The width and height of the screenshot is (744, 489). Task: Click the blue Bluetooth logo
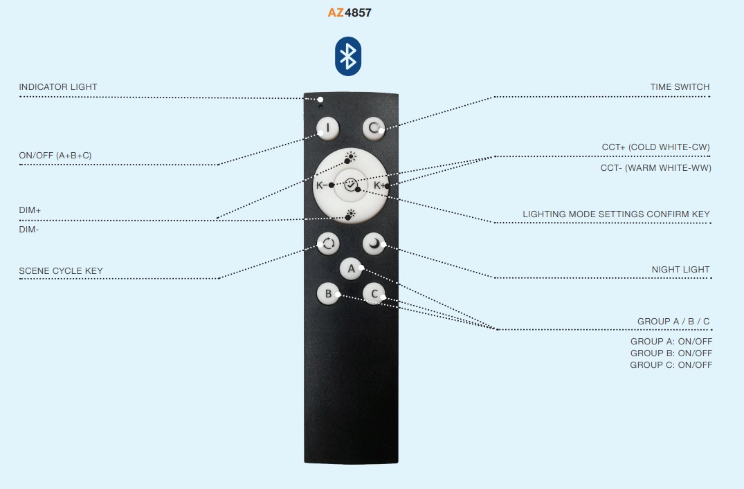348,57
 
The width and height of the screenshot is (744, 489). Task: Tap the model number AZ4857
350,13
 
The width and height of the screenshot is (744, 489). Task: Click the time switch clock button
374,128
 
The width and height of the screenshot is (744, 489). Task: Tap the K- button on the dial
320,185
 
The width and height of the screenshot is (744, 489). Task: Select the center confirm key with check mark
351,185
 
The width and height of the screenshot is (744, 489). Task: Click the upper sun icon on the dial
351,156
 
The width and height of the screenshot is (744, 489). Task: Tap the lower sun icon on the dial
351,214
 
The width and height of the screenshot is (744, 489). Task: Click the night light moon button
374,243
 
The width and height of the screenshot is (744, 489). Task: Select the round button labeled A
351,269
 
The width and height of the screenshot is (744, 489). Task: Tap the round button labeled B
328,294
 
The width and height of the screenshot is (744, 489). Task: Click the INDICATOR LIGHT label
58,86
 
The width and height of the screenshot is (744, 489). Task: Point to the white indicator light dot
320,100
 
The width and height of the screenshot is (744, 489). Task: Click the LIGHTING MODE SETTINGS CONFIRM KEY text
616,214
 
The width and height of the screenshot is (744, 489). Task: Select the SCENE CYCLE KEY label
61,271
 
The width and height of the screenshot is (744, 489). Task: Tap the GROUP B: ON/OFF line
671,353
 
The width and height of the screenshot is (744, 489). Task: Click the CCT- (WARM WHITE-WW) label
655,168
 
